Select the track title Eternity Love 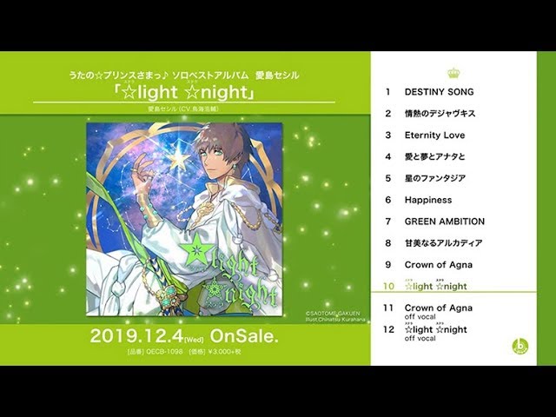tap(434, 135)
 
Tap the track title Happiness tap(428, 200)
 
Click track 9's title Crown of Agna tap(439, 264)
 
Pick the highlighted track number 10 tap(388, 287)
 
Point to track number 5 tap(388, 178)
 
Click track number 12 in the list tap(388, 330)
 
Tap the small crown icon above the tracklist tap(453, 73)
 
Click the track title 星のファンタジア tap(435, 178)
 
